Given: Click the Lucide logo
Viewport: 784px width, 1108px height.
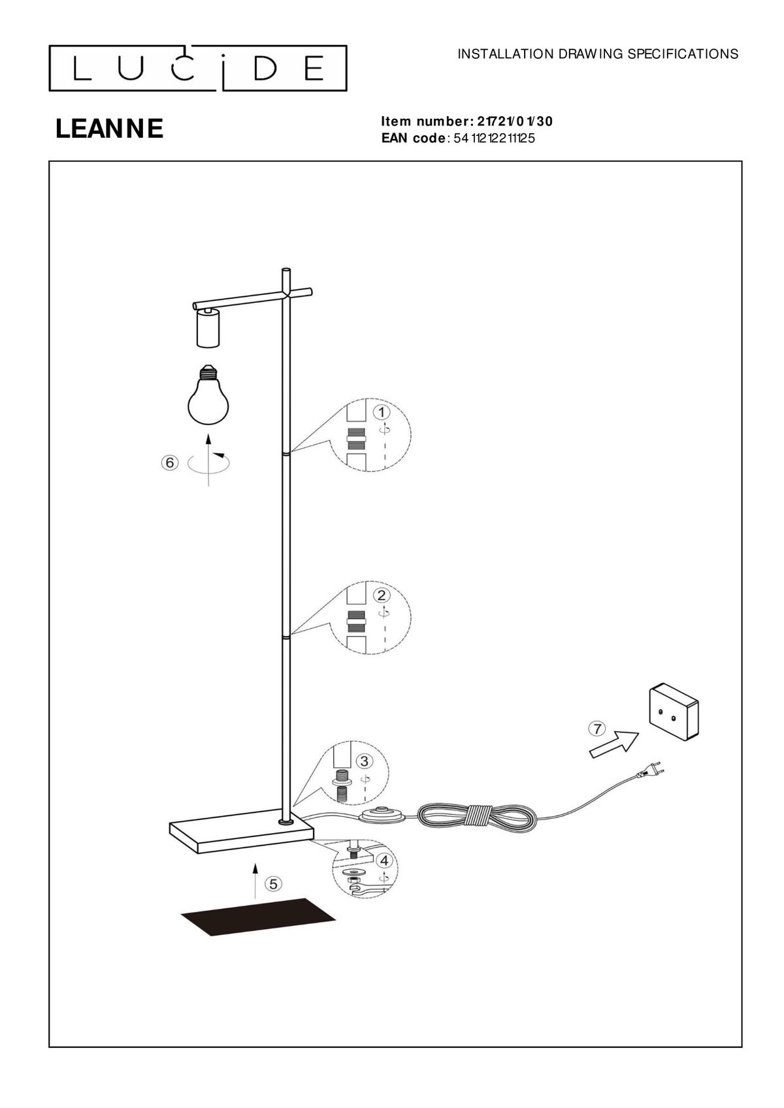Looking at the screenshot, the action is point(197,69).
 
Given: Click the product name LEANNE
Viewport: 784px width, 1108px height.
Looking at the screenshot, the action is point(109,129).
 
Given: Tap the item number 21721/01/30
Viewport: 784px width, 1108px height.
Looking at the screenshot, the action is point(515,121).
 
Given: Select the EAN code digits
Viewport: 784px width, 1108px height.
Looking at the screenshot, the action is point(494,138).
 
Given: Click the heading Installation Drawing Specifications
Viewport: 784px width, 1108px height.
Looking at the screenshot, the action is point(598,54).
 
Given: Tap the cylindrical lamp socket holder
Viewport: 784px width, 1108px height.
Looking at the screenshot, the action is point(207,327).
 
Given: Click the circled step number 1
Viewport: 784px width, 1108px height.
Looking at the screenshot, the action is point(382,412).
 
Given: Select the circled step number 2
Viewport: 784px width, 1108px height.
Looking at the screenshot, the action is point(382,595).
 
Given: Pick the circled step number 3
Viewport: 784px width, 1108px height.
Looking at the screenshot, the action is point(365,761).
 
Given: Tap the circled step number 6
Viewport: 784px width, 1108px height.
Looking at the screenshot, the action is point(169,462).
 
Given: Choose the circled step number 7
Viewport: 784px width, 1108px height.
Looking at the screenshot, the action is point(597,729).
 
